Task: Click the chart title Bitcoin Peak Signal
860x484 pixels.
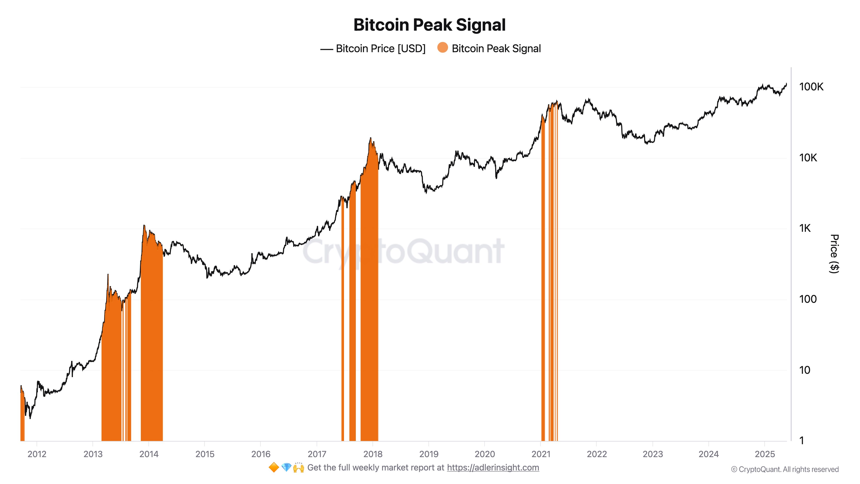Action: pyautogui.click(x=429, y=25)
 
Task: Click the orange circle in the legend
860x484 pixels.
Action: pyautogui.click(x=442, y=48)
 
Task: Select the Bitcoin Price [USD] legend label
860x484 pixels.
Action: pyautogui.click(x=381, y=49)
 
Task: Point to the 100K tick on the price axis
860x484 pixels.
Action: pyautogui.click(x=811, y=87)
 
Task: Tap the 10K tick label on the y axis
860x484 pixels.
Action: pyautogui.click(x=808, y=158)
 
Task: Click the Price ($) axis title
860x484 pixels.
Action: pyautogui.click(x=834, y=254)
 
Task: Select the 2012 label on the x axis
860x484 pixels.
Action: pyautogui.click(x=37, y=454)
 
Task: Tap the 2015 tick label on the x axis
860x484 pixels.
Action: pyautogui.click(x=205, y=454)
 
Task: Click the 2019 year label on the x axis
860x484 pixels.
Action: pyautogui.click(x=429, y=454)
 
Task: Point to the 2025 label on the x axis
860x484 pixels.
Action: pyautogui.click(x=765, y=454)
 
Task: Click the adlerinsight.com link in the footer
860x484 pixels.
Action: pyautogui.click(x=493, y=468)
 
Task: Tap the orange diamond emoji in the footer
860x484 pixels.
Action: pyautogui.click(x=274, y=468)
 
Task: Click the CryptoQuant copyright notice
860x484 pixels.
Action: pyautogui.click(x=785, y=470)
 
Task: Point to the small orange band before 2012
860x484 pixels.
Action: pyautogui.click(x=22, y=418)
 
